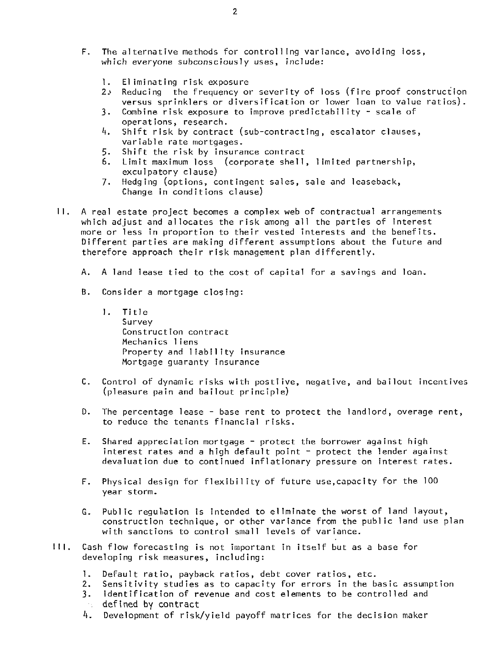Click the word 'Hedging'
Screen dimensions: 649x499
pyautogui.click(x=140, y=182)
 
